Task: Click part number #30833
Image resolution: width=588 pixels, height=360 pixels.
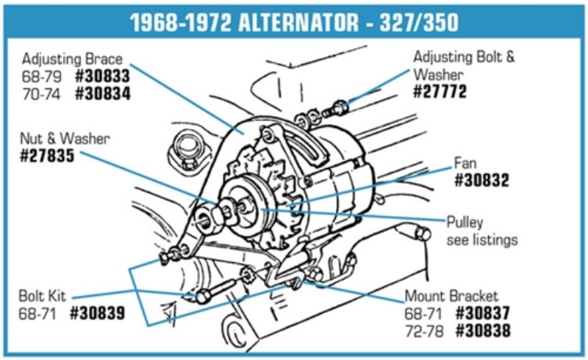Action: [x=103, y=76]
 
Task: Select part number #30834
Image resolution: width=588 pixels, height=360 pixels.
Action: [x=103, y=93]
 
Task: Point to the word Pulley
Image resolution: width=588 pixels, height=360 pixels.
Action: [x=467, y=223]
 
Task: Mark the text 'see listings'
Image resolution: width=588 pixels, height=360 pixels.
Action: [x=481, y=240]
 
